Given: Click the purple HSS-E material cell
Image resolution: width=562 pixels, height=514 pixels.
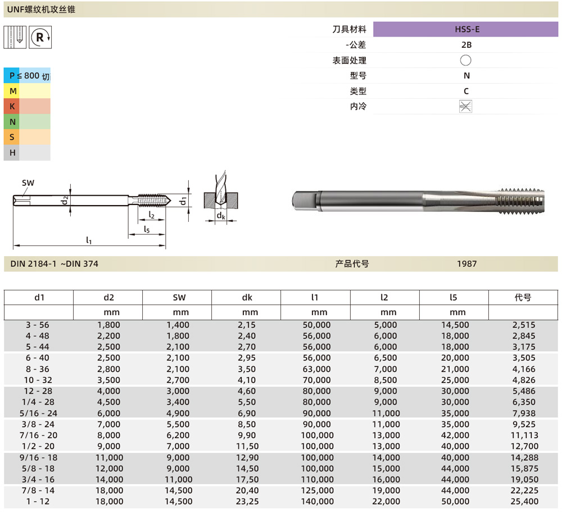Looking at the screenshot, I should pyautogui.click(x=466, y=29).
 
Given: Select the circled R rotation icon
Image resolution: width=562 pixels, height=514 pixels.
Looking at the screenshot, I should pyautogui.click(x=40, y=37).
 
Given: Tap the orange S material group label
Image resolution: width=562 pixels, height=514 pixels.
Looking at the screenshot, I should pyautogui.click(x=12, y=137).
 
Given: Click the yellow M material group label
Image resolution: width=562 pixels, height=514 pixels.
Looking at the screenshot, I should pyautogui.click(x=12, y=91).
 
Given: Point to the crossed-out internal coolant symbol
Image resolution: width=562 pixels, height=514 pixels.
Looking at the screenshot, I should pyautogui.click(x=465, y=106).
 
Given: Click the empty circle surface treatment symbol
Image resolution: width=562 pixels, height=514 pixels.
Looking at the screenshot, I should pyautogui.click(x=465, y=60).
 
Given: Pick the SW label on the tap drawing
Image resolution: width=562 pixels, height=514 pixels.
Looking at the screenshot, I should pyautogui.click(x=28, y=183).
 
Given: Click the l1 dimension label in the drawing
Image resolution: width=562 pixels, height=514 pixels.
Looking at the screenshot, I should pyautogui.click(x=89, y=240).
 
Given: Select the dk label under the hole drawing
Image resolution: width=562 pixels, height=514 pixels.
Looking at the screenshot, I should pyautogui.click(x=221, y=216).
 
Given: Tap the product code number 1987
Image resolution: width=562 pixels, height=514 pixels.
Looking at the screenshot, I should pyautogui.click(x=466, y=263).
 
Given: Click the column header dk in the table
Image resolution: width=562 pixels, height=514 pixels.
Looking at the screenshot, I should pyautogui.click(x=246, y=298).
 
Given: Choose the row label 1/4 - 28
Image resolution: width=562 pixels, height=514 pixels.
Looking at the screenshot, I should pyautogui.click(x=39, y=402).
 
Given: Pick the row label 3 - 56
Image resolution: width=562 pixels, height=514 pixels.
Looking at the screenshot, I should pyautogui.click(x=39, y=325).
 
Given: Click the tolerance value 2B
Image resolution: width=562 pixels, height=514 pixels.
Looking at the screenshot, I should pyautogui.click(x=466, y=45).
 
